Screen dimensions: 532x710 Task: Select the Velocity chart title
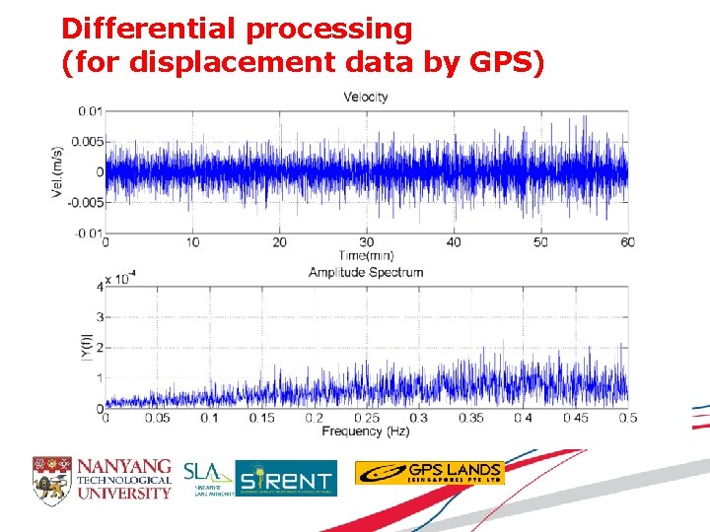[x=366, y=97]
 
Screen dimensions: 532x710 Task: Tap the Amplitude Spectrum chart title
[x=366, y=272]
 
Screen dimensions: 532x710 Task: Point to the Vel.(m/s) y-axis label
[x=59, y=171]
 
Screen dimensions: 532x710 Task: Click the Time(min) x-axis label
[x=366, y=255]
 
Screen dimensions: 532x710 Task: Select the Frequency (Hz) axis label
[x=366, y=432]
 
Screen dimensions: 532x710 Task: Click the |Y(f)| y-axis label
[x=87, y=347]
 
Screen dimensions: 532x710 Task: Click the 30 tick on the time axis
[x=366, y=242]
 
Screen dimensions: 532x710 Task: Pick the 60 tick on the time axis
[x=627, y=242]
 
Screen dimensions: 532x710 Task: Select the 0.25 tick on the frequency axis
[x=366, y=419]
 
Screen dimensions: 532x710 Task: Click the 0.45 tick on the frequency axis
[x=575, y=419]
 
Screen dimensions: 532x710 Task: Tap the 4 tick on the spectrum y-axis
[x=98, y=287]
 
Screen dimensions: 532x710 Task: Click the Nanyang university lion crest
[x=51, y=478]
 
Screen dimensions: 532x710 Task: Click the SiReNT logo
[x=286, y=479]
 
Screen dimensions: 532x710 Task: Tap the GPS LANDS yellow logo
[x=429, y=473]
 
